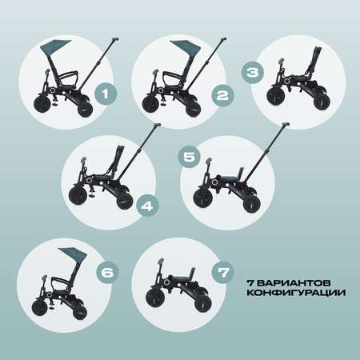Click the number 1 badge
pyautogui.click(x=106, y=94)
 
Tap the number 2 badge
pyautogui.click(x=222, y=96)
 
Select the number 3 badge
pyautogui.click(x=253, y=73)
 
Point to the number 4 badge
pyautogui.click(x=147, y=206)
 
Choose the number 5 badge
pyautogui.click(x=190, y=157)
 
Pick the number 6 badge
pyautogui.click(x=107, y=272)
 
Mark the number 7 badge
pyautogui.click(x=223, y=272)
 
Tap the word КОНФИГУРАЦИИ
pyautogui.click(x=296, y=293)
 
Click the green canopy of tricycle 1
pyautogui.click(x=54, y=46)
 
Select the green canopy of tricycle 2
pyautogui.click(x=186, y=47)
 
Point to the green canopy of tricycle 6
pyautogui.click(x=74, y=254)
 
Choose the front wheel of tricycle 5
pyautogui.click(x=203, y=198)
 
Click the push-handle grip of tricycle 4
pyautogui.click(x=157, y=125)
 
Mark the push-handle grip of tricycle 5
pyautogui.click(x=286, y=124)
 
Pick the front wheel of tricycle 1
pyautogui.click(x=43, y=103)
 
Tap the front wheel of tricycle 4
pyautogui.click(x=78, y=195)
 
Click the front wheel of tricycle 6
pyautogui.click(x=40, y=306)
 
